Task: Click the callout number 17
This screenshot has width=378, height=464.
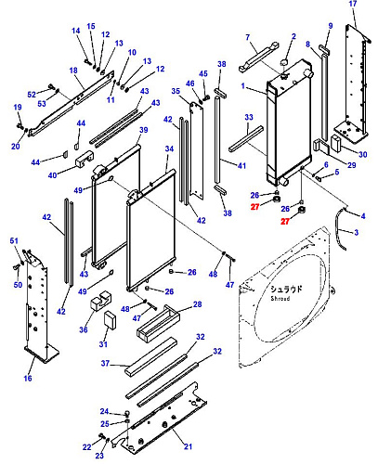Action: (x=353, y=4)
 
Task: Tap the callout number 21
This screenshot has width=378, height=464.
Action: (x=188, y=446)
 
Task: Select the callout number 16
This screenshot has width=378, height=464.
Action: (x=28, y=378)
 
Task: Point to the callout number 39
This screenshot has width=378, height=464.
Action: (x=144, y=130)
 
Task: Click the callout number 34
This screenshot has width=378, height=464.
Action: (x=169, y=148)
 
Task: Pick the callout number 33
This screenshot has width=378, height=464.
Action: (x=249, y=117)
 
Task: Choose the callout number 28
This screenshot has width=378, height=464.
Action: (x=198, y=304)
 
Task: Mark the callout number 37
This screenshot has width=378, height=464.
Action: (x=106, y=363)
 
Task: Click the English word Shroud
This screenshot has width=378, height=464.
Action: (x=280, y=299)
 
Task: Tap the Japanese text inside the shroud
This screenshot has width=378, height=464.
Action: (x=286, y=289)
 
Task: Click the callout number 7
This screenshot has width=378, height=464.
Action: (x=248, y=37)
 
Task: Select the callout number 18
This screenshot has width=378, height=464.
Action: (x=73, y=71)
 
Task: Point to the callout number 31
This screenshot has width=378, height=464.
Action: (x=103, y=344)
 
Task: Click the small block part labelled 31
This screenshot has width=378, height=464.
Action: (x=110, y=319)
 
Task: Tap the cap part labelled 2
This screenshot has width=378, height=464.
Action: (x=284, y=62)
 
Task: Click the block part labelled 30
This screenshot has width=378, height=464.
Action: (x=336, y=144)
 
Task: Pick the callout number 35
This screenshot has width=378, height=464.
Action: (x=176, y=91)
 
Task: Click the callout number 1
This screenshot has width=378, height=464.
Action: (x=243, y=85)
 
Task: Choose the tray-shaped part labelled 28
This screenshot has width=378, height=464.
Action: (x=159, y=323)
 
